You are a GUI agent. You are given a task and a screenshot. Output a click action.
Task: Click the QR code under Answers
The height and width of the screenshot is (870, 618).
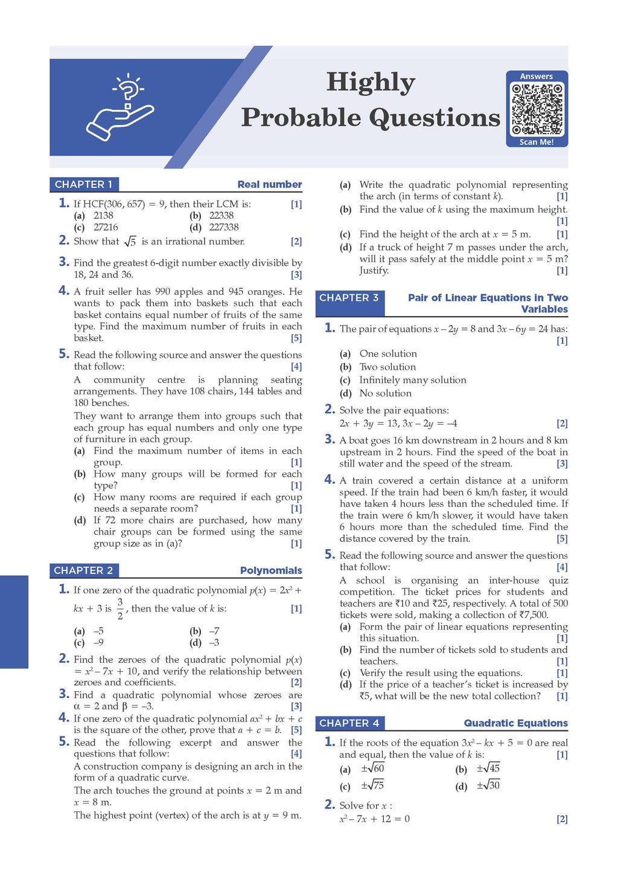537,109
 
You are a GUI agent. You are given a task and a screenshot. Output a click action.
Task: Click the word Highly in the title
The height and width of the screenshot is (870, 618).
371,82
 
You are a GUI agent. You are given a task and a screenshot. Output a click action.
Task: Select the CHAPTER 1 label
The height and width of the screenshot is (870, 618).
83,184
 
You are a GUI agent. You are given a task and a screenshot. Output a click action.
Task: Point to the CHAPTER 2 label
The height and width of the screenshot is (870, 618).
83,570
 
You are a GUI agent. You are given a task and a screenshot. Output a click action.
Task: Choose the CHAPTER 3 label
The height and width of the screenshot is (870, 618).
349,298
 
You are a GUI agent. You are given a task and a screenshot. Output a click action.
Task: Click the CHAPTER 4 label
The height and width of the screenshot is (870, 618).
349,723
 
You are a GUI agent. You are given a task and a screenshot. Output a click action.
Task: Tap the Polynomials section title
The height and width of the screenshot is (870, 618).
271,570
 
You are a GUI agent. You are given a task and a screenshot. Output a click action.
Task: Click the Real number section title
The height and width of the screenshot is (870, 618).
270,184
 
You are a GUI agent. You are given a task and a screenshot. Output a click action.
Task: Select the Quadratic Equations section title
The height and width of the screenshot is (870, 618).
515,723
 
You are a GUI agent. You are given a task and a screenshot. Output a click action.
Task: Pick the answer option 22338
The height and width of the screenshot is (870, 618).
221,216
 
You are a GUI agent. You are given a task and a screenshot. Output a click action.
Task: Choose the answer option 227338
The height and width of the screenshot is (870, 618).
223,227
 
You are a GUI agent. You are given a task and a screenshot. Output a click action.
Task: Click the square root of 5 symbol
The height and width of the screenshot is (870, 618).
130,242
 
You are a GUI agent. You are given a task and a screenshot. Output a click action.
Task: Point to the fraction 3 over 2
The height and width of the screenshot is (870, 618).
120,608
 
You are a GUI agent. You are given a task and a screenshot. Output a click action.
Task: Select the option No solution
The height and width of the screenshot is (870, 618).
385,393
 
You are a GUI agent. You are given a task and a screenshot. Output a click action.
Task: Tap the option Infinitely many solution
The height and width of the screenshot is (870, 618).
412,380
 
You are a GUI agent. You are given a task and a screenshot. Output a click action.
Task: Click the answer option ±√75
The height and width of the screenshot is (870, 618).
372,785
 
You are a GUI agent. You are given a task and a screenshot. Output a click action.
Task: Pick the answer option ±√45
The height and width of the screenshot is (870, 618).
488,768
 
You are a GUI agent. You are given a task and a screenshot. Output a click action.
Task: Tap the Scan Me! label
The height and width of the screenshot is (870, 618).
537,142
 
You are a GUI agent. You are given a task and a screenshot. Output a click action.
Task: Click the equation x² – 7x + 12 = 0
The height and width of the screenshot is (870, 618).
374,819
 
